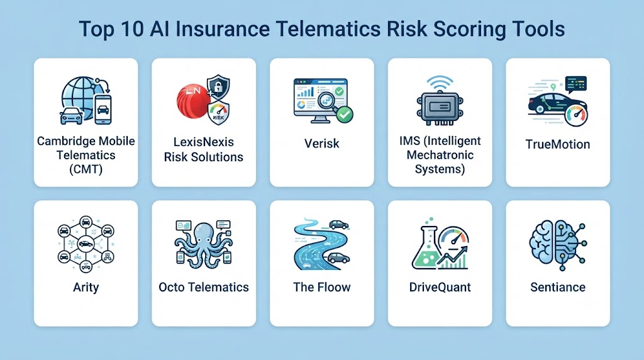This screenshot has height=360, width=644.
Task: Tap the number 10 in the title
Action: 133,29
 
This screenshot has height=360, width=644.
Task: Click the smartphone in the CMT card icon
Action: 103,110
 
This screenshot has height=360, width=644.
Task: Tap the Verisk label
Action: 321,143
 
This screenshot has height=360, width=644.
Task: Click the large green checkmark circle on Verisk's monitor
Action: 345,115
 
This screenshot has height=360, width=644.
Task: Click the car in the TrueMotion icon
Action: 551,103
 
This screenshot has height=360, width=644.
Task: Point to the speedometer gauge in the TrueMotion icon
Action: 576,115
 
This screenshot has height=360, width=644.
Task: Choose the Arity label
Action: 86,287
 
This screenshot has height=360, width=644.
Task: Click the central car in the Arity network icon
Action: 86,244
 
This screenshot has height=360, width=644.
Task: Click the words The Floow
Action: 321,287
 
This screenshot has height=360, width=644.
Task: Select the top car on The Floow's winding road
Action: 339,225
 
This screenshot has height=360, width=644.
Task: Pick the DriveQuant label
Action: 440,287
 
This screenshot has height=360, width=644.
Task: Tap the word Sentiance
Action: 558,287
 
